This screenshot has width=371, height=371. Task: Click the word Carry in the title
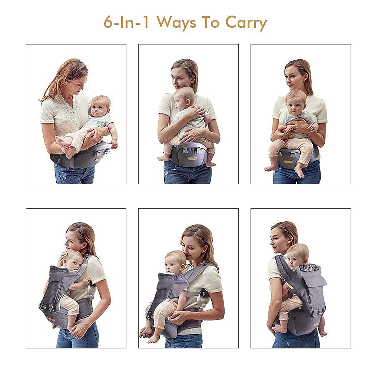(x=246, y=23)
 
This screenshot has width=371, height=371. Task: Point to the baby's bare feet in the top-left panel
(x=65, y=146)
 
